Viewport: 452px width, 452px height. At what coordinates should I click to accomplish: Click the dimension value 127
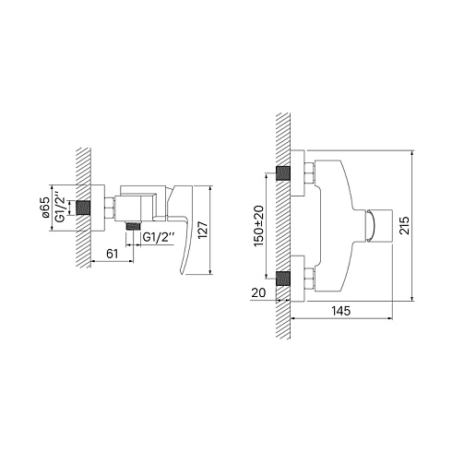pos(203,230)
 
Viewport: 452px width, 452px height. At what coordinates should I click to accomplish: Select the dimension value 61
pos(112,254)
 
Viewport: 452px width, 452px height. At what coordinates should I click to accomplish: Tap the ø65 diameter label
pos(45,208)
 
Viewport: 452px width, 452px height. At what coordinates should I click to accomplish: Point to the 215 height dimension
pos(404,226)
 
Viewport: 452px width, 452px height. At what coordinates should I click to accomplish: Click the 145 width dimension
pos(341,311)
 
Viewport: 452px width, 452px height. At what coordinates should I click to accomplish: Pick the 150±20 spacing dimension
pos(258,225)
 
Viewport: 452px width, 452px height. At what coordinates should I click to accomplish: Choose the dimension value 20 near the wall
pos(258,292)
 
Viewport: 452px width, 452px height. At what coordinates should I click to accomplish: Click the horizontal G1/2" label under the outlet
pos(159,237)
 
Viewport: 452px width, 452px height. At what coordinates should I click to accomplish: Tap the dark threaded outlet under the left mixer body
pos(133,226)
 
